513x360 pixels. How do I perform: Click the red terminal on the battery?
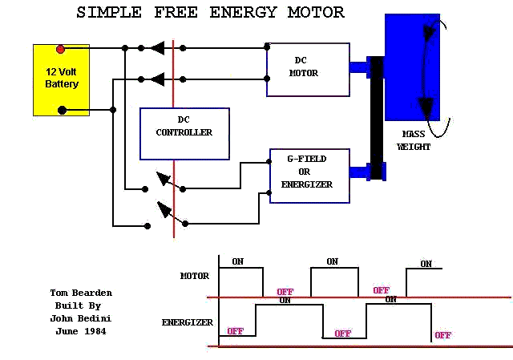point(60,49)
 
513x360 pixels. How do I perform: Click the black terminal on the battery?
point(62,111)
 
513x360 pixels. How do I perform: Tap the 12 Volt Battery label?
point(62,78)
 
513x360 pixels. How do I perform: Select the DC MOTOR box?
point(308,70)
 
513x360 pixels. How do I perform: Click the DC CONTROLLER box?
point(184,134)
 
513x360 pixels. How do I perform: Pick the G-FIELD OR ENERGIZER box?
point(309,176)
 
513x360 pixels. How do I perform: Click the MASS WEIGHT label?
point(414,140)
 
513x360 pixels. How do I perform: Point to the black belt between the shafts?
point(377,118)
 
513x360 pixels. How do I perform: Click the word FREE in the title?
point(176,13)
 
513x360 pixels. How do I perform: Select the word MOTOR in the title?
point(316,13)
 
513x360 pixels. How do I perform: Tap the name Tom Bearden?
point(81,293)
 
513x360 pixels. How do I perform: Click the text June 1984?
point(81,331)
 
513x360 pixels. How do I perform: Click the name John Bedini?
point(81,318)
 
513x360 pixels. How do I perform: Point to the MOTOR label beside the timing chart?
point(195,276)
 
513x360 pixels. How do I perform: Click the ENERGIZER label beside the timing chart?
point(187,322)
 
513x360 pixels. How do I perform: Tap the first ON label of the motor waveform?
point(238,261)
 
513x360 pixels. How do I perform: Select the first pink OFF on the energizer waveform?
point(235,331)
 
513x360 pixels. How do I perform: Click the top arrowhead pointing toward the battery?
point(158,48)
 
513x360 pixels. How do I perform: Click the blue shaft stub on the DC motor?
point(358,67)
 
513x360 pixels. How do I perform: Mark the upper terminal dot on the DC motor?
point(267,47)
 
